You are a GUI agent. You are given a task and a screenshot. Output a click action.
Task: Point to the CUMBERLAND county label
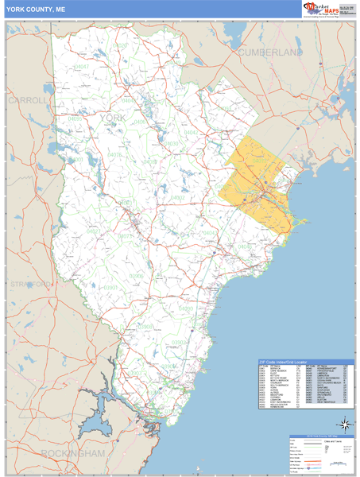270,52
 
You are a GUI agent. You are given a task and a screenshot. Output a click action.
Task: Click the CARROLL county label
29,101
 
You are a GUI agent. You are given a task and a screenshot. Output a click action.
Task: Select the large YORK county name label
114,118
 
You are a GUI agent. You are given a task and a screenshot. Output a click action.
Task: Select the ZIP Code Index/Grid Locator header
287,362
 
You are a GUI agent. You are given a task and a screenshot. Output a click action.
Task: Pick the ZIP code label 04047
81,68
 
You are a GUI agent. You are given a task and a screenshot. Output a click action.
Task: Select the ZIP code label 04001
76,159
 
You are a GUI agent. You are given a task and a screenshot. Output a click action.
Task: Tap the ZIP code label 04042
191,132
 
